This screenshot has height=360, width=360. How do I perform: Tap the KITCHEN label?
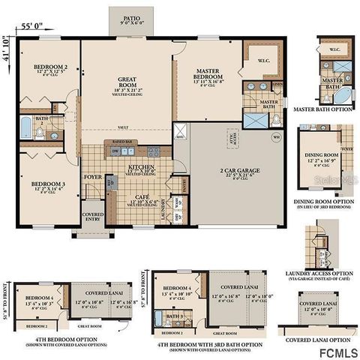140,167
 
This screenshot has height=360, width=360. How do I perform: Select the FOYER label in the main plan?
92,177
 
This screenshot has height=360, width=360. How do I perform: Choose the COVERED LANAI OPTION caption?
318,339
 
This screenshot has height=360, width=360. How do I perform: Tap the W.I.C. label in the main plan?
264,61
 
